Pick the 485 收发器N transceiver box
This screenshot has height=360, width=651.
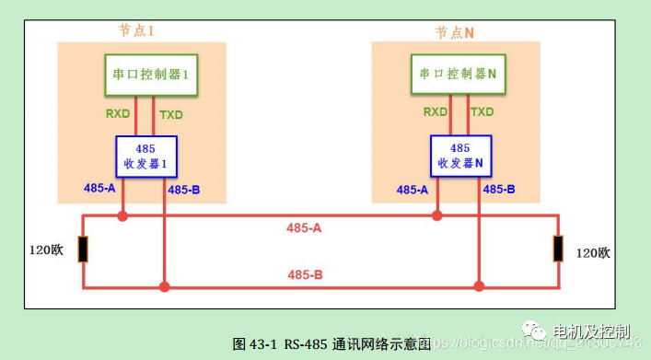[460, 156]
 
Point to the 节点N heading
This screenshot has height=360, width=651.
[455, 31]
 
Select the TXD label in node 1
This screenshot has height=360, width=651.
[171, 115]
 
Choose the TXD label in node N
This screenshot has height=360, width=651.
[483, 112]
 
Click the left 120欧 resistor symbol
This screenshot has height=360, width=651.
[83, 250]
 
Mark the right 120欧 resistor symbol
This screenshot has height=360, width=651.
[558, 250]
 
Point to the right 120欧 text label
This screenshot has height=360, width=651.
[593, 252]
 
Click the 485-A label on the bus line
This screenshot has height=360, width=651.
[305, 226]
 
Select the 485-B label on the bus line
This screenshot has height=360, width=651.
[305, 274]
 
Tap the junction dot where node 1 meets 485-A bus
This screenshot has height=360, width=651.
[122, 216]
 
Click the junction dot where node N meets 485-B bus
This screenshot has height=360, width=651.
[478, 287]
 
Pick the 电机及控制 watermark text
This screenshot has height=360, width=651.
[590, 331]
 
